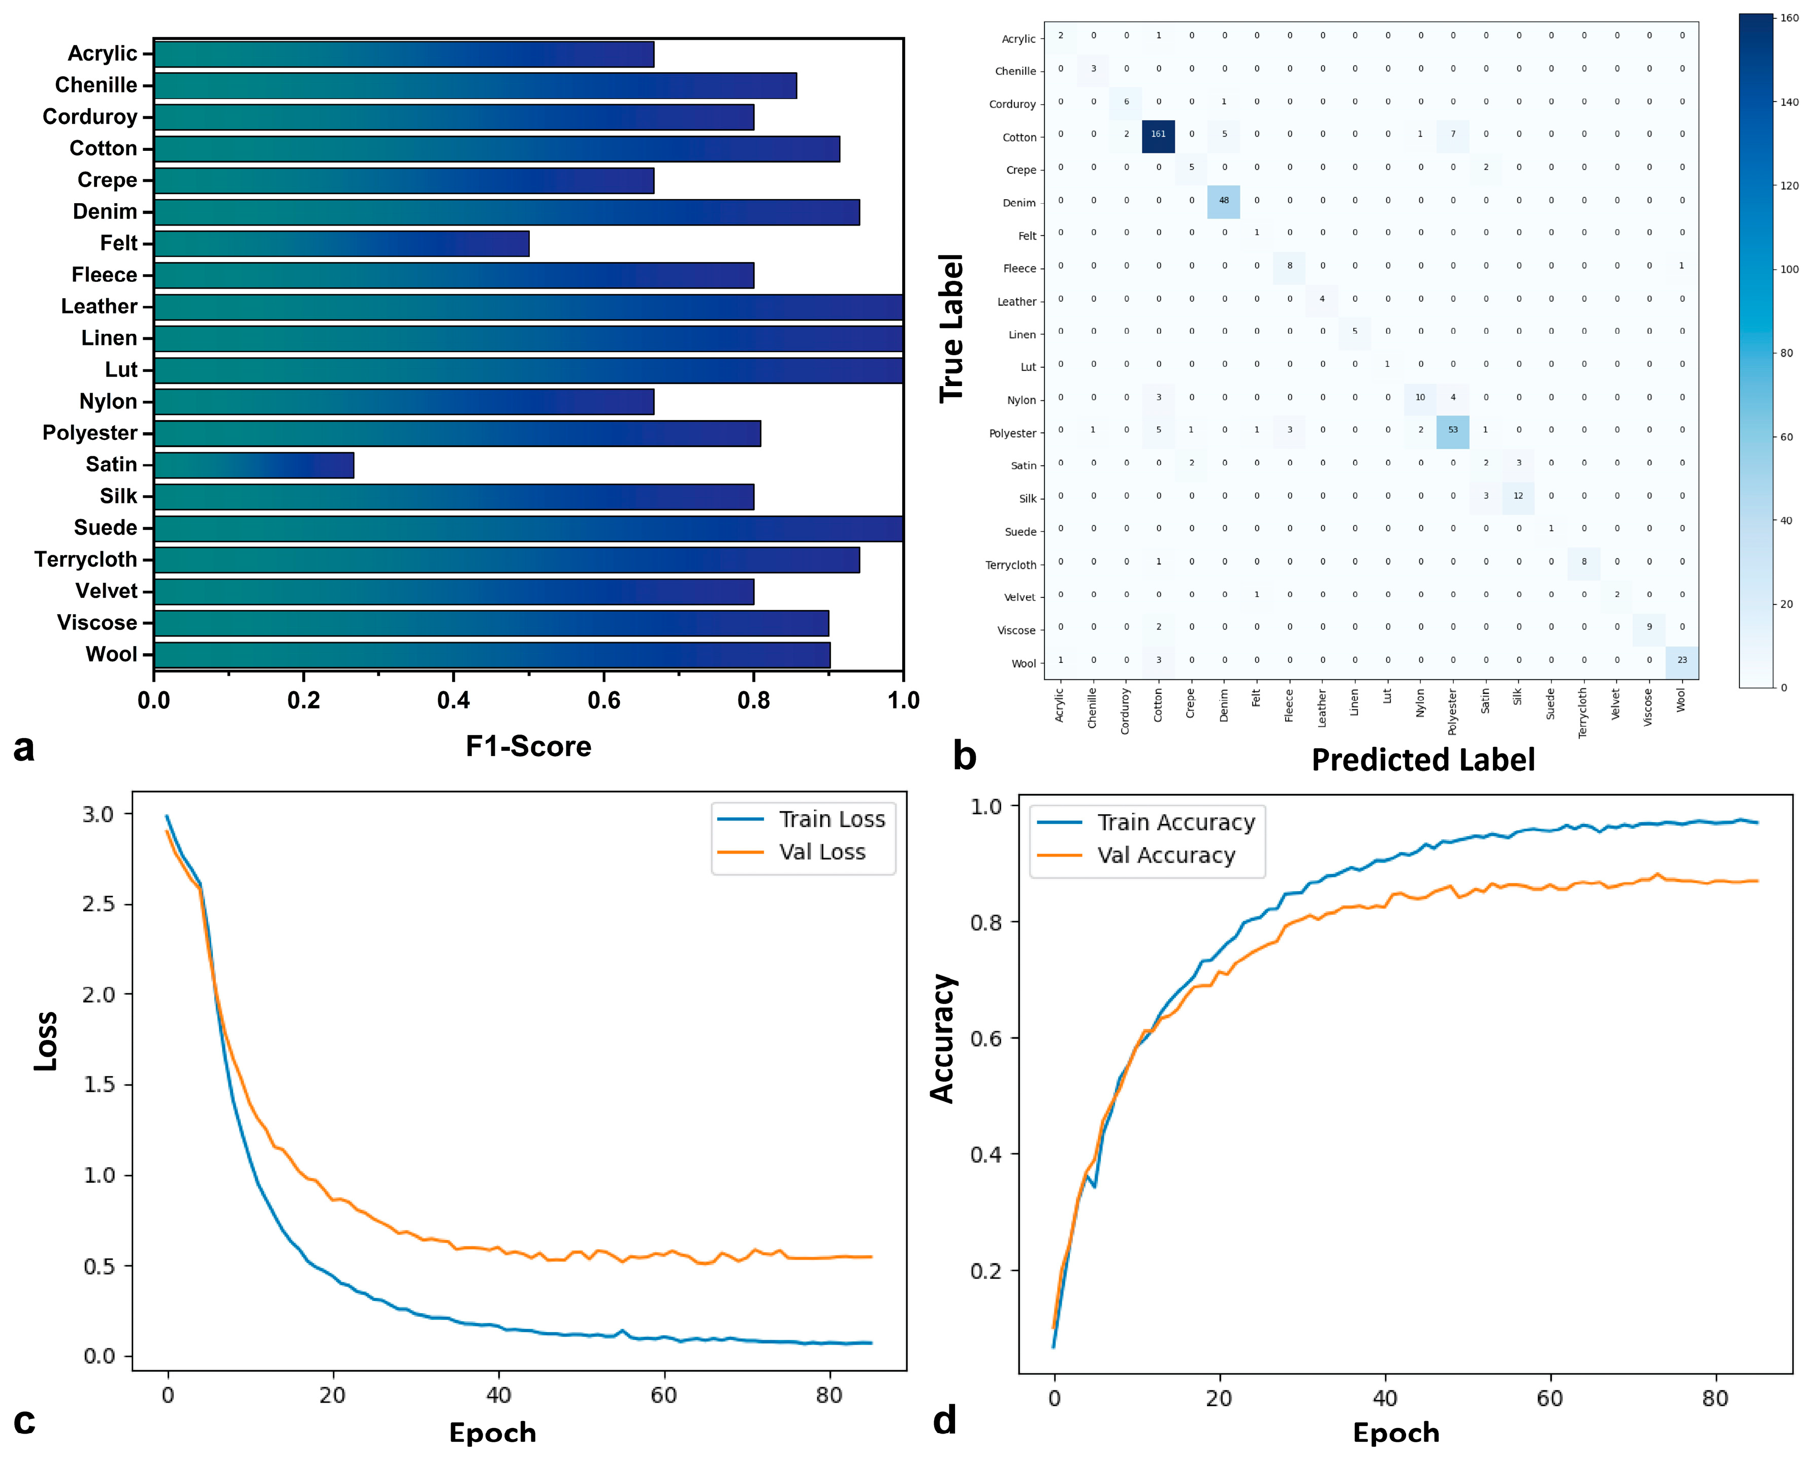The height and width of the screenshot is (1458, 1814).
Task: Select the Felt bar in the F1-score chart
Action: pyautogui.click(x=341, y=244)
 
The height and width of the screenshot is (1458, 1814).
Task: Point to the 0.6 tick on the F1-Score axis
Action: pyautogui.click(x=603, y=700)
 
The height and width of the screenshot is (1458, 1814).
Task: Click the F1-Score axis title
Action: pyautogui.click(x=528, y=746)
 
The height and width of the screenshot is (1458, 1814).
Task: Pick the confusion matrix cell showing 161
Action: pyautogui.click(x=1159, y=135)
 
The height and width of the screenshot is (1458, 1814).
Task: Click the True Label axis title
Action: pyautogui.click(x=951, y=328)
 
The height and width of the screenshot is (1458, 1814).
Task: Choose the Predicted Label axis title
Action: pyautogui.click(x=1423, y=759)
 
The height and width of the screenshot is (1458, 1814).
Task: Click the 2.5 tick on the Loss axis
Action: pyautogui.click(x=99, y=904)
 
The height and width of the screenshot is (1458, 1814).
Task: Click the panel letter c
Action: pyautogui.click(x=24, y=1420)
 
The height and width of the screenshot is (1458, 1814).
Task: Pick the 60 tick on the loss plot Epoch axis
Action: pyautogui.click(x=664, y=1395)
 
